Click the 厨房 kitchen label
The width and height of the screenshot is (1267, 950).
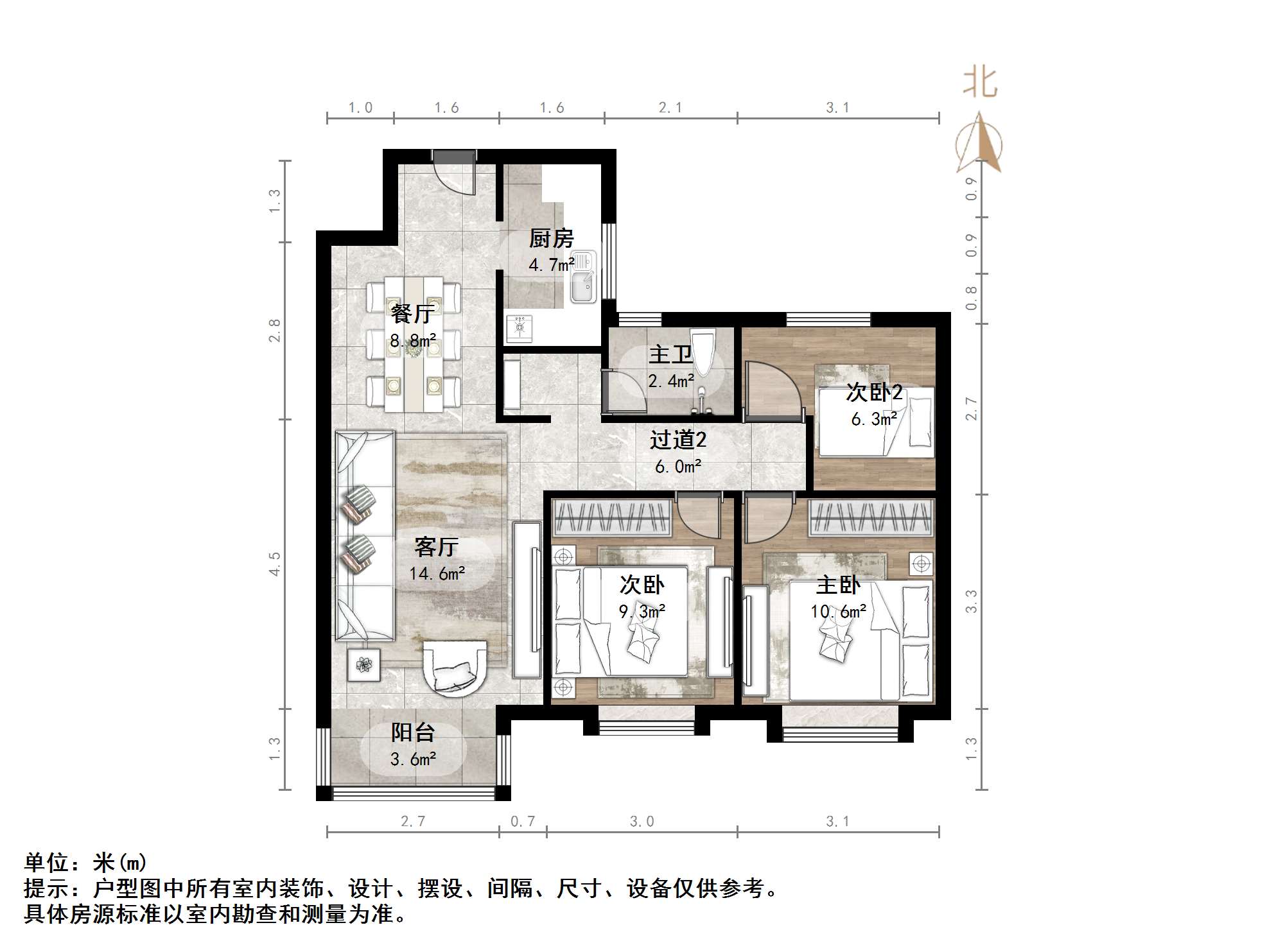pos(551,239)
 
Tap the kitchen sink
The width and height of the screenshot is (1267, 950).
pos(583,286)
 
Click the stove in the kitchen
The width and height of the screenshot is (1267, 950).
pos(519,327)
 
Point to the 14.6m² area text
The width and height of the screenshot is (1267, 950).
pos(437,573)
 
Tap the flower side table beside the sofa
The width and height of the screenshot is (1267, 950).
pos(363,665)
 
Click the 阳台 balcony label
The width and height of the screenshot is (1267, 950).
pos(413,732)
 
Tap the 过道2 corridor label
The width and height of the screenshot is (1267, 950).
pos(677,440)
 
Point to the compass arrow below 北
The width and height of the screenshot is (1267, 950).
pos(979,142)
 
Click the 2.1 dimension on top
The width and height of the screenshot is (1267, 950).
pos(670,108)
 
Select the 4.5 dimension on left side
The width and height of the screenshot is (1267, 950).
pos(275,564)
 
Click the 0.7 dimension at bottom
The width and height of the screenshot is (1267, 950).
pos(522,821)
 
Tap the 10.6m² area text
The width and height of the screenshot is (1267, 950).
pos(838,612)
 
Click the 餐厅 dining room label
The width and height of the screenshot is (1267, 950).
pos(412,314)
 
